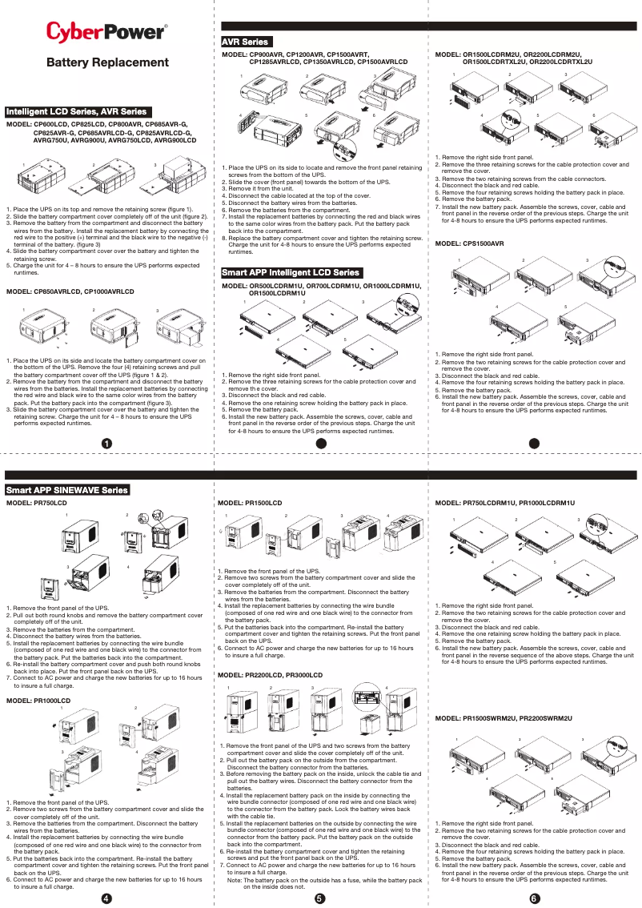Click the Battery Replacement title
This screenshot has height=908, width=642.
click(x=107, y=62)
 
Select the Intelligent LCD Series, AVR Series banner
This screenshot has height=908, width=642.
click(x=77, y=111)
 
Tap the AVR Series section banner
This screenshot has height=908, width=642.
click(x=246, y=42)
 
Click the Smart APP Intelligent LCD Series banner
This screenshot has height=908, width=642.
click(x=291, y=273)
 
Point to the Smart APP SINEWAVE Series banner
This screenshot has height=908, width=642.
click(x=67, y=489)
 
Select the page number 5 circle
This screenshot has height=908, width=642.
click(x=319, y=898)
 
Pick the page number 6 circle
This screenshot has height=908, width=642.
click(x=535, y=898)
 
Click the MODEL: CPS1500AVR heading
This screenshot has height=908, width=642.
click(x=469, y=243)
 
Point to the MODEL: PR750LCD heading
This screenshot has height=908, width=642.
click(x=37, y=503)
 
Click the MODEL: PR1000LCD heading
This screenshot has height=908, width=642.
click(x=38, y=701)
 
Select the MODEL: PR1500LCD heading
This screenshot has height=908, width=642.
click(x=250, y=503)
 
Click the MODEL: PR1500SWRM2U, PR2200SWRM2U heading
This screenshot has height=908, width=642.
click(x=504, y=719)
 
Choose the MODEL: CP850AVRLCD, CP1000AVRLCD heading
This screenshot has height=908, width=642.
click(x=70, y=292)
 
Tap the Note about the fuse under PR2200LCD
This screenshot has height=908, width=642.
click(x=324, y=883)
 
